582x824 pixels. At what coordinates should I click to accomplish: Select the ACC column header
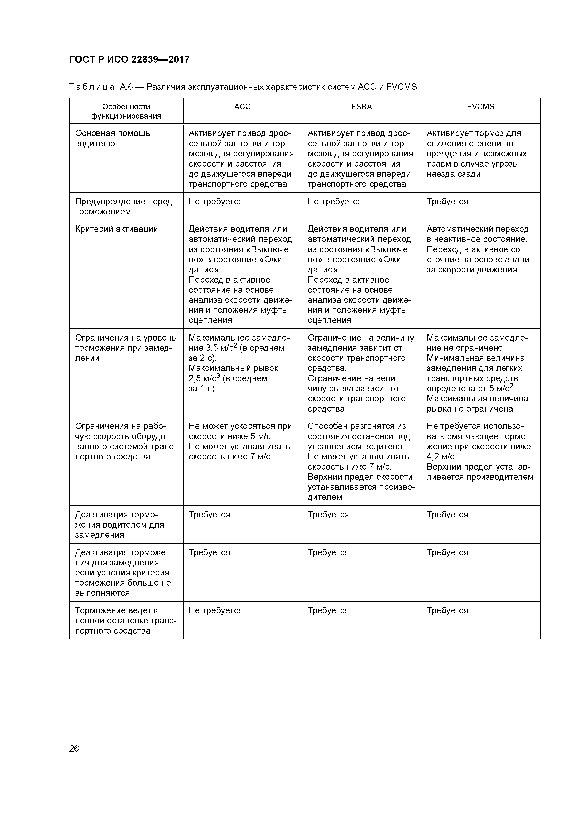tap(242, 107)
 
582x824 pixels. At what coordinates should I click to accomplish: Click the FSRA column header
tap(361, 107)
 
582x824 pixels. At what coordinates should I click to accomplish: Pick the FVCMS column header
tap(481, 107)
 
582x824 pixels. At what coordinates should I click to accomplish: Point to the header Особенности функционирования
tap(126, 111)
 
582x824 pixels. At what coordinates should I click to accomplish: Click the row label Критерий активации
tap(117, 229)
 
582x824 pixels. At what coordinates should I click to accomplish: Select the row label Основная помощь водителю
tap(113, 138)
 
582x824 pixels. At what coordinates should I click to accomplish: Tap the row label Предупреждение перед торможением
tap(123, 206)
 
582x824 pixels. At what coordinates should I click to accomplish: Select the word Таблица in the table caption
tap(92, 87)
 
